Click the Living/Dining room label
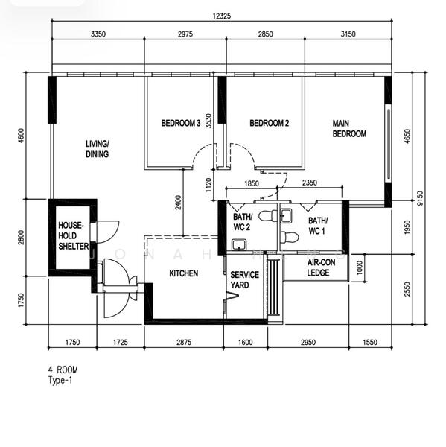pyautogui.click(x=97, y=149)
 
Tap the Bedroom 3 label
pyautogui.click(x=181, y=124)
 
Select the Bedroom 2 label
pyautogui.click(x=269, y=124)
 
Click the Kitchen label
pyautogui.click(x=183, y=274)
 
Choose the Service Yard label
pyautogui.click(x=244, y=280)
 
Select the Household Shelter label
pyautogui.click(x=74, y=235)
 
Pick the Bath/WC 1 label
pyautogui.click(x=319, y=225)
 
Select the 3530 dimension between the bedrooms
pyautogui.click(x=209, y=121)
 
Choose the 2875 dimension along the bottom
pyautogui.click(x=184, y=343)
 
